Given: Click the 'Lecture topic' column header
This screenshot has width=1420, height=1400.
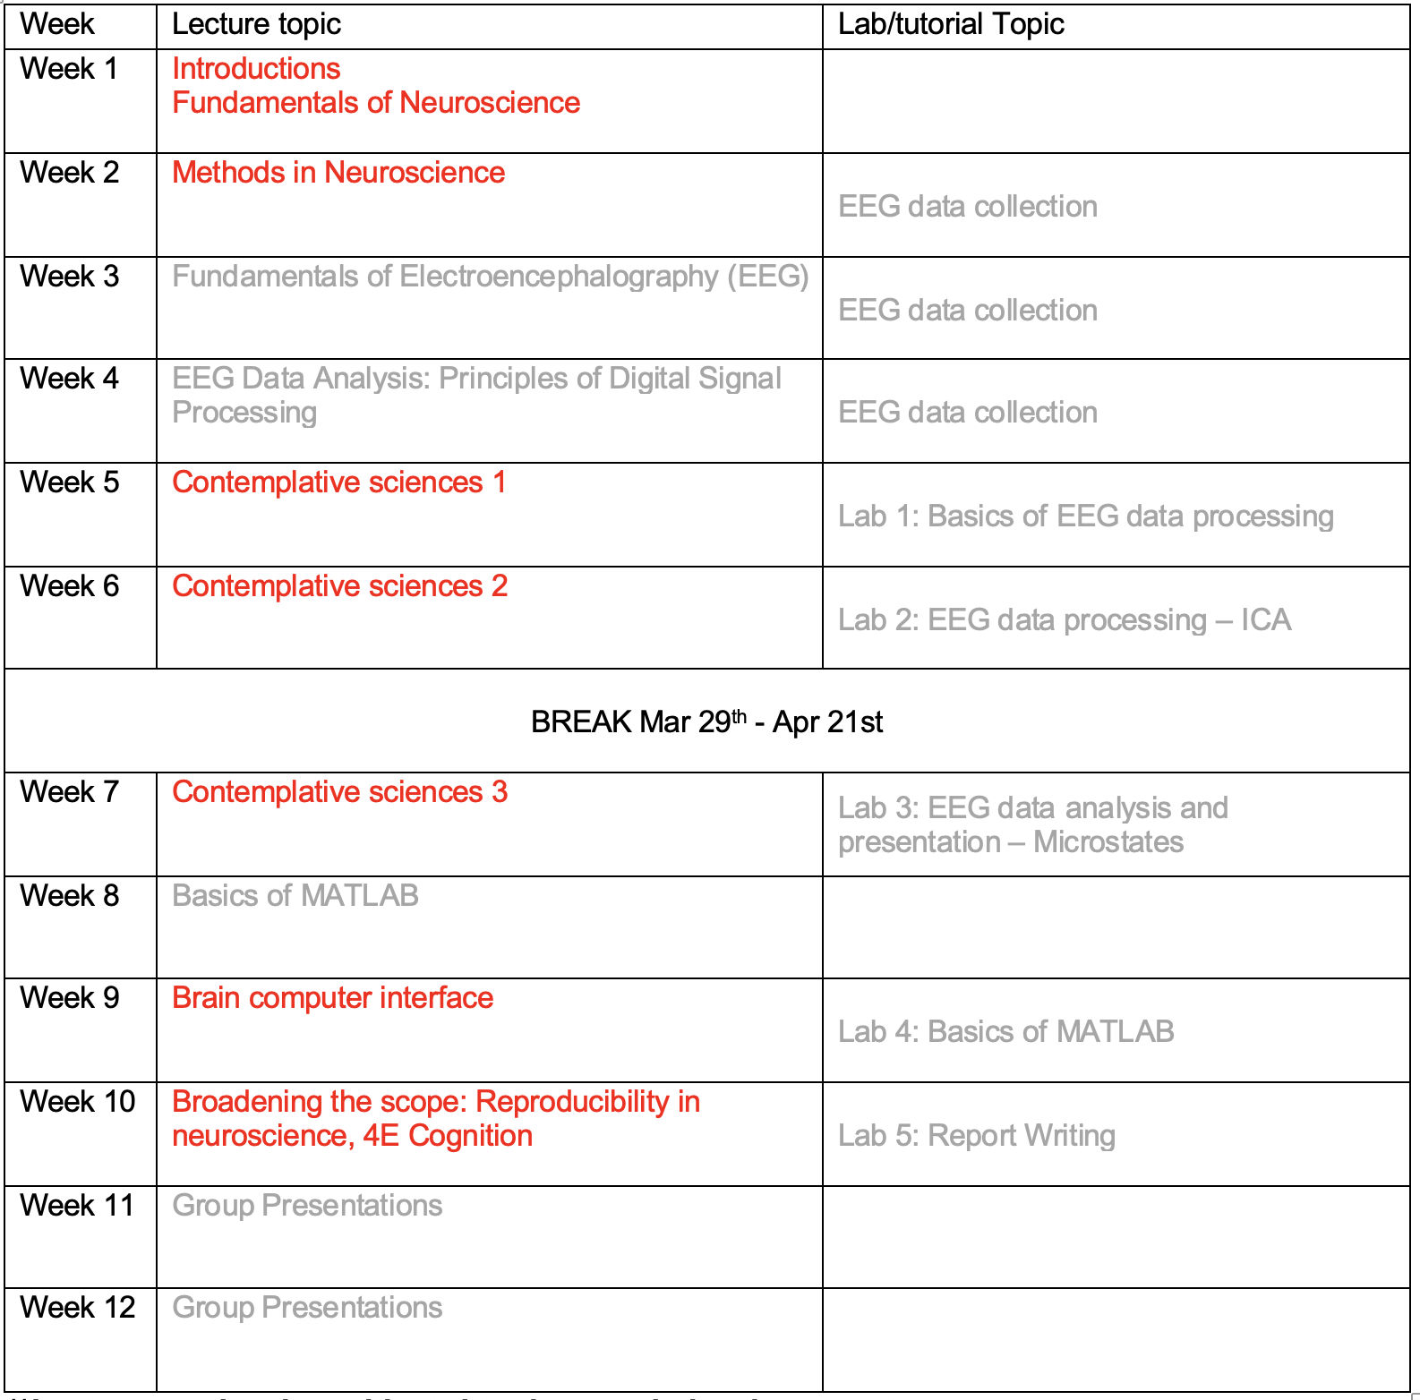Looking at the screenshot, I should tap(256, 24).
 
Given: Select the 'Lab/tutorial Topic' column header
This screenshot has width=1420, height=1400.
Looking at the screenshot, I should tap(951, 24).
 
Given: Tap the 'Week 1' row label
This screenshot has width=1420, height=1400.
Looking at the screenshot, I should tap(69, 69).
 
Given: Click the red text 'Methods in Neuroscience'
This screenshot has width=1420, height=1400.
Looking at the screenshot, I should tap(338, 173).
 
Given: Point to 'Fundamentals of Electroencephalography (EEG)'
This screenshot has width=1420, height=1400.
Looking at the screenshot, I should tap(490, 277).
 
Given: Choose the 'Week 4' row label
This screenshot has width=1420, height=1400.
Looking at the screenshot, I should tap(69, 379).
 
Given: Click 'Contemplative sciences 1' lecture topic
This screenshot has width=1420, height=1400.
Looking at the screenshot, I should tap(339, 482).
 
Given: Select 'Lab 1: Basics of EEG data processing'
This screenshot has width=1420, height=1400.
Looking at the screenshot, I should tap(1085, 516).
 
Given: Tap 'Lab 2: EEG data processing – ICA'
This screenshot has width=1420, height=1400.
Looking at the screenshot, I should tap(1065, 620).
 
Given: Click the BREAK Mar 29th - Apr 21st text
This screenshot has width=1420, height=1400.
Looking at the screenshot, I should tap(706, 721).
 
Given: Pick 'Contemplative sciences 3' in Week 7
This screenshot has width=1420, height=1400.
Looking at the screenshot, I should tap(339, 792).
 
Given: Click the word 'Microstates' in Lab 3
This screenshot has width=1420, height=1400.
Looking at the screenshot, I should tap(1108, 842).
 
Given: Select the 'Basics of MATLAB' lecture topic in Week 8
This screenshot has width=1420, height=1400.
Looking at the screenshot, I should tap(295, 896).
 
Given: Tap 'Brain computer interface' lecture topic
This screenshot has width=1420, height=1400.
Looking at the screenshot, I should tap(332, 998).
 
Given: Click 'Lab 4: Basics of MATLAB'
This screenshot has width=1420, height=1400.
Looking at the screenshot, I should tap(1005, 1032).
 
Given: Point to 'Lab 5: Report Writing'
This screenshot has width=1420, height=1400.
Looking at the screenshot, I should tap(976, 1136).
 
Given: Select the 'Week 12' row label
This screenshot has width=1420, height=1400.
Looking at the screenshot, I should tap(77, 1308).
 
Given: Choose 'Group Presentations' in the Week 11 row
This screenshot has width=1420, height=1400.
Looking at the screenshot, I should tap(307, 1206).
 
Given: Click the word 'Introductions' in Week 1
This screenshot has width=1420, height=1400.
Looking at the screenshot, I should tap(256, 69).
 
